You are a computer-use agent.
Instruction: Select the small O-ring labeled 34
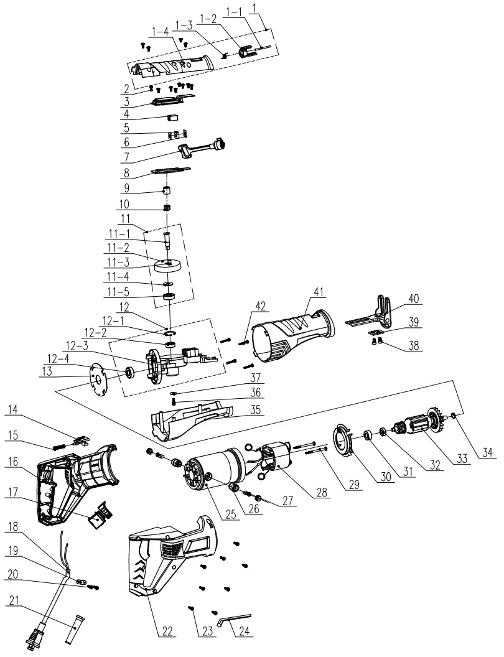pyautogui.click(x=456, y=416)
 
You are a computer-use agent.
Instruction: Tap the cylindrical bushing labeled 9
pyautogui.click(x=167, y=189)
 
